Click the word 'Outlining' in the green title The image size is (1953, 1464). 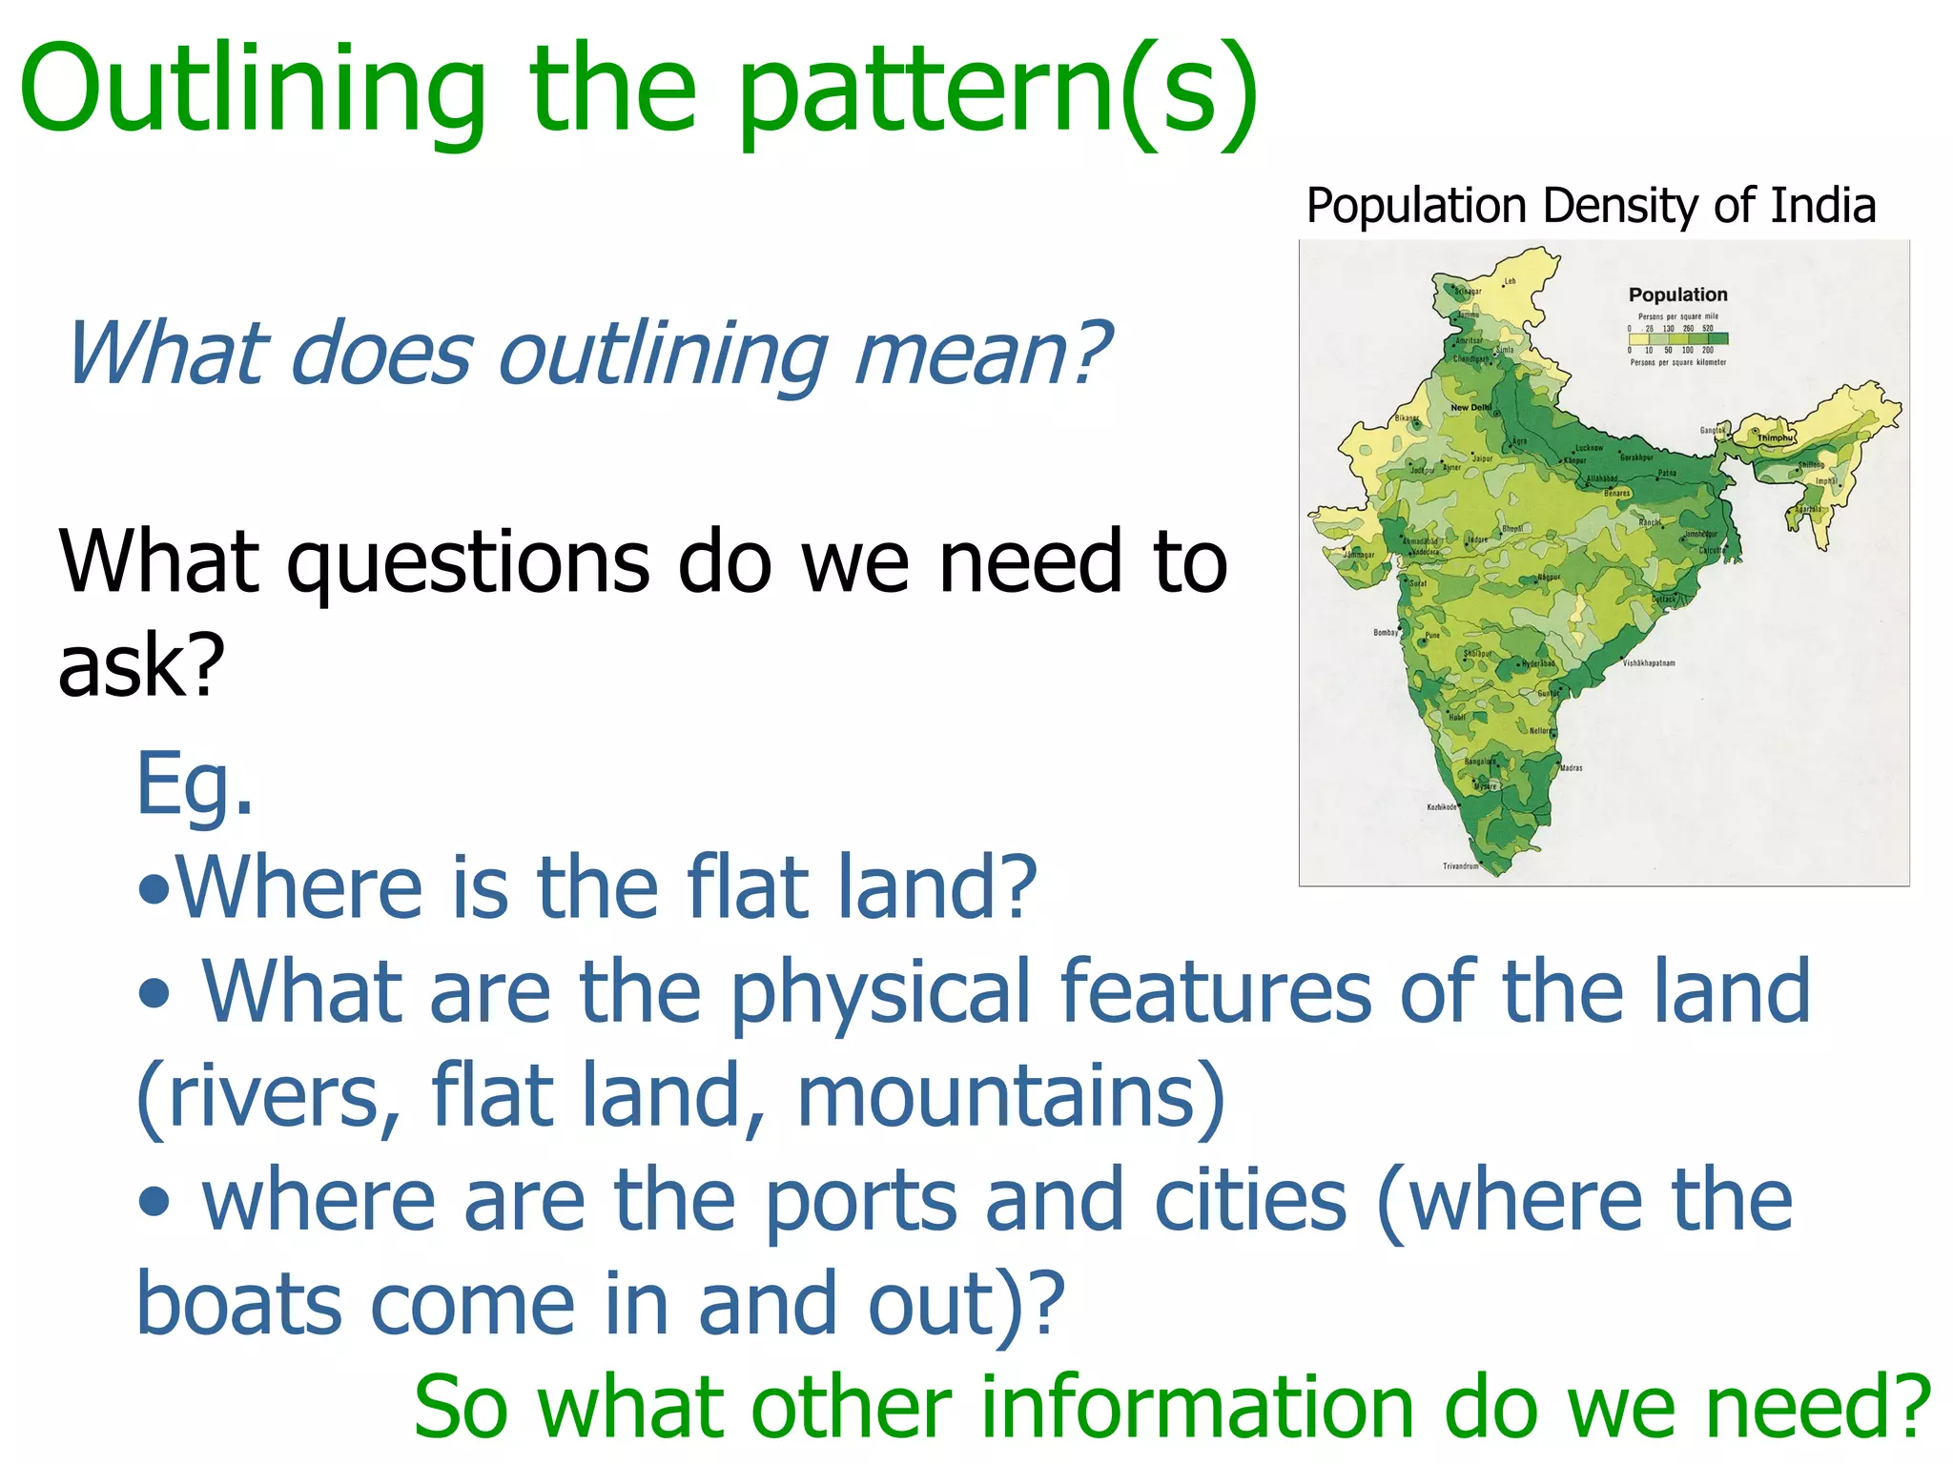click(253, 91)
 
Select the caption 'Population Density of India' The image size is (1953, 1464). click(1591, 206)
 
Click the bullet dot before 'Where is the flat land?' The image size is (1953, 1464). click(154, 892)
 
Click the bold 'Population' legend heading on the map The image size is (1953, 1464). click(1677, 295)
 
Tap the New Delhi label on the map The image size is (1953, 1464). click(1470, 407)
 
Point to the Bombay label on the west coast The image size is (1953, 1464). click(1386, 632)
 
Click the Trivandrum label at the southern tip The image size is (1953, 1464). click(1460, 866)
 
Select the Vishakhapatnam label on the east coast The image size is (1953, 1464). click(1649, 662)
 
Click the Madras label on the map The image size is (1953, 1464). click(1572, 767)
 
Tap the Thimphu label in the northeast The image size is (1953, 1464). click(1775, 437)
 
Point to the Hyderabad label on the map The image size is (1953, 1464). click(1537, 663)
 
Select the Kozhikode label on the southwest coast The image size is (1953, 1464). click(1441, 807)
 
